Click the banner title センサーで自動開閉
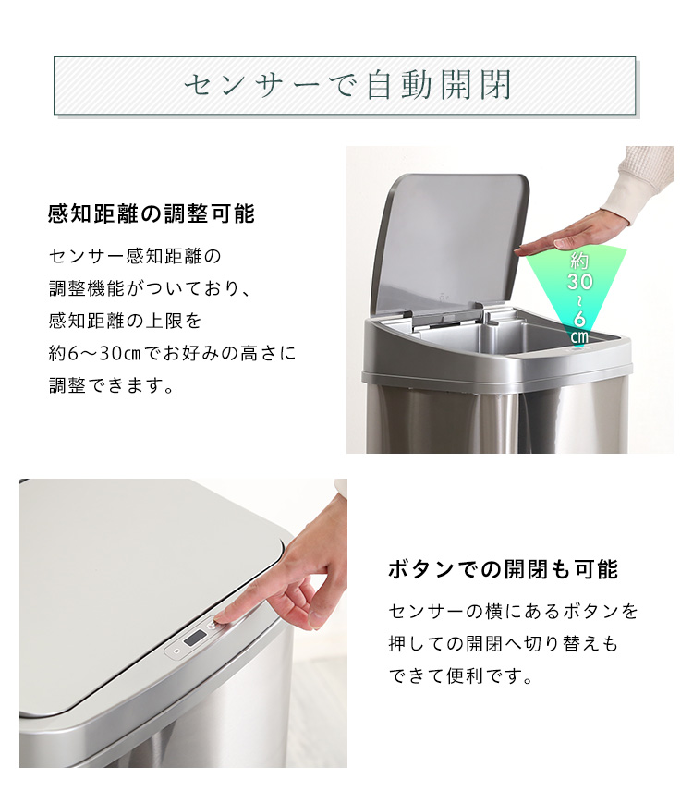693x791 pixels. tap(348, 85)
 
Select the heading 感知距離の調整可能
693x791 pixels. tap(152, 213)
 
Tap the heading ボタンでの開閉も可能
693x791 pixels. tap(503, 569)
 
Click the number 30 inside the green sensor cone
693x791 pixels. tap(580, 282)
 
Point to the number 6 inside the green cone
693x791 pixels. tap(580, 320)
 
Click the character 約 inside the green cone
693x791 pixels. tap(580, 261)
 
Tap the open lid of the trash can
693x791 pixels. tap(452, 242)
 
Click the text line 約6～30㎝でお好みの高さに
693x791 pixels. tap(172, 353)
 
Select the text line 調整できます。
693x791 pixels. tap(112, 386)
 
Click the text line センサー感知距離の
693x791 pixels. tap(135, 256)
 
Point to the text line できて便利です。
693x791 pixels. tap(461, 676)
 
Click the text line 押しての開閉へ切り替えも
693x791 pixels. tap(503, 644)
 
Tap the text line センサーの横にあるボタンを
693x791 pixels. tap(513, 612)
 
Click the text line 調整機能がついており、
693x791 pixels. tap(150, 288)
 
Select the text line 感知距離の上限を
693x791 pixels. tap(125, 321)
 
